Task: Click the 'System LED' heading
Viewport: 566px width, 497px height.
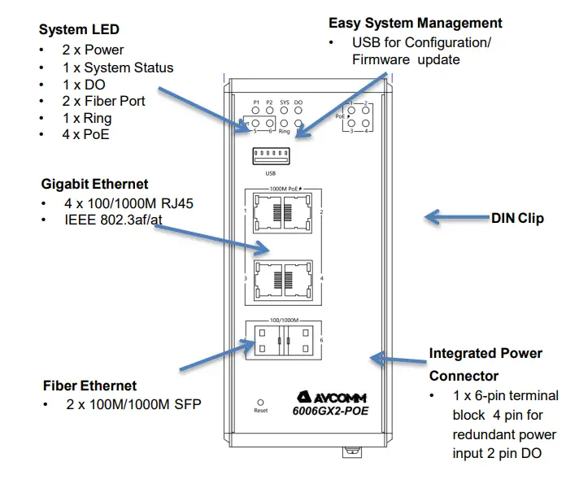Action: pos(79,30)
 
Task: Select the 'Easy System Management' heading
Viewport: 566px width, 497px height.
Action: pos(415,23)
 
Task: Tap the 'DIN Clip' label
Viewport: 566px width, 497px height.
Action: pos(517,218)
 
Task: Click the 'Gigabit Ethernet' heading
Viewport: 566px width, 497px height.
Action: pos(94,184)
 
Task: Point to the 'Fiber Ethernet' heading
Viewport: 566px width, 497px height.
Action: pos(89,386)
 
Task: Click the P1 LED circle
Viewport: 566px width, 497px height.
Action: pos(255,111)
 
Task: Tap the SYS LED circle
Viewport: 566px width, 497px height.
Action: pos(284,111)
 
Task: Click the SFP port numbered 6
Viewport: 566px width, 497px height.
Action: pos(303,339)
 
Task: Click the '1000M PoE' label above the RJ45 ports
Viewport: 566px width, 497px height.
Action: pos(284,188)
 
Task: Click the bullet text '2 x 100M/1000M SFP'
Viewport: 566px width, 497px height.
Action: pos(123,404)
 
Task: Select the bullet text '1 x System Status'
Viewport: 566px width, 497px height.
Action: pos(118,68)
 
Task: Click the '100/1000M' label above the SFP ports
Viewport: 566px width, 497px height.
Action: pos(284,321)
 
